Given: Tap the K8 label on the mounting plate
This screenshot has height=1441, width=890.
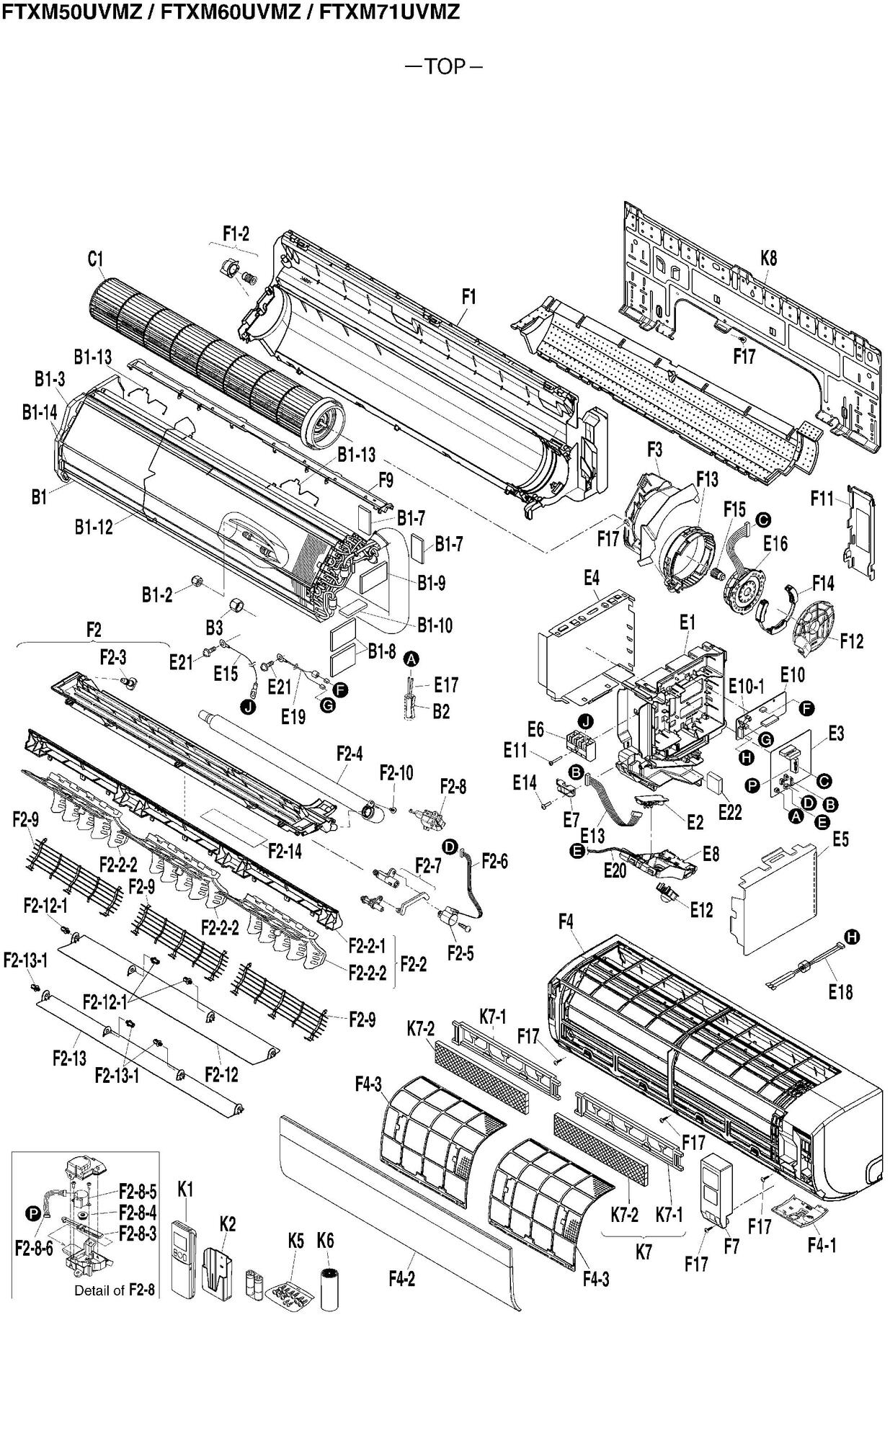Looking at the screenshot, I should pyautogui.click(x=769, y=258).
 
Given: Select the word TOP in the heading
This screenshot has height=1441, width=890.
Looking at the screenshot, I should pyautogui.click(x=445, y=67).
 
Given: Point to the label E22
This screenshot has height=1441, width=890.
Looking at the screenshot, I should pyautogui.click(x=730, y=812).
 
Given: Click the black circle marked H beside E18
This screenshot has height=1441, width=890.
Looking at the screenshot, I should pyautogui.click(x=852, y=937).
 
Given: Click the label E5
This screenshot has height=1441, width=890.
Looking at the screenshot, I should pyautogui.click(x=840, y=839).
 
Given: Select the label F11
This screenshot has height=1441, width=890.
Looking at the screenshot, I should pyautogui.click(x=822, y=499).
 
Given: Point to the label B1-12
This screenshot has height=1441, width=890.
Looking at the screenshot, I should pyautogui.click(x=94, y=527).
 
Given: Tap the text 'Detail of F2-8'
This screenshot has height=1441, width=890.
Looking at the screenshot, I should pyautogui.click(x=115, y=1290).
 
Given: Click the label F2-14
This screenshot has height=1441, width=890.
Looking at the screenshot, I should pyautogui.click(x=285, y=851).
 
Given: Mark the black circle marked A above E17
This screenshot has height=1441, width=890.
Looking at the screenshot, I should pyautogui.click(x=411, y=659).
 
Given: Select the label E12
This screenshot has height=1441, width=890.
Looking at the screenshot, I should pyautogui.click(x=700, y=910).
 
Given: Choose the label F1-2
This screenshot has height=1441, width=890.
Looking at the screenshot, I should pyautogui.click(x=236, y=233).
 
